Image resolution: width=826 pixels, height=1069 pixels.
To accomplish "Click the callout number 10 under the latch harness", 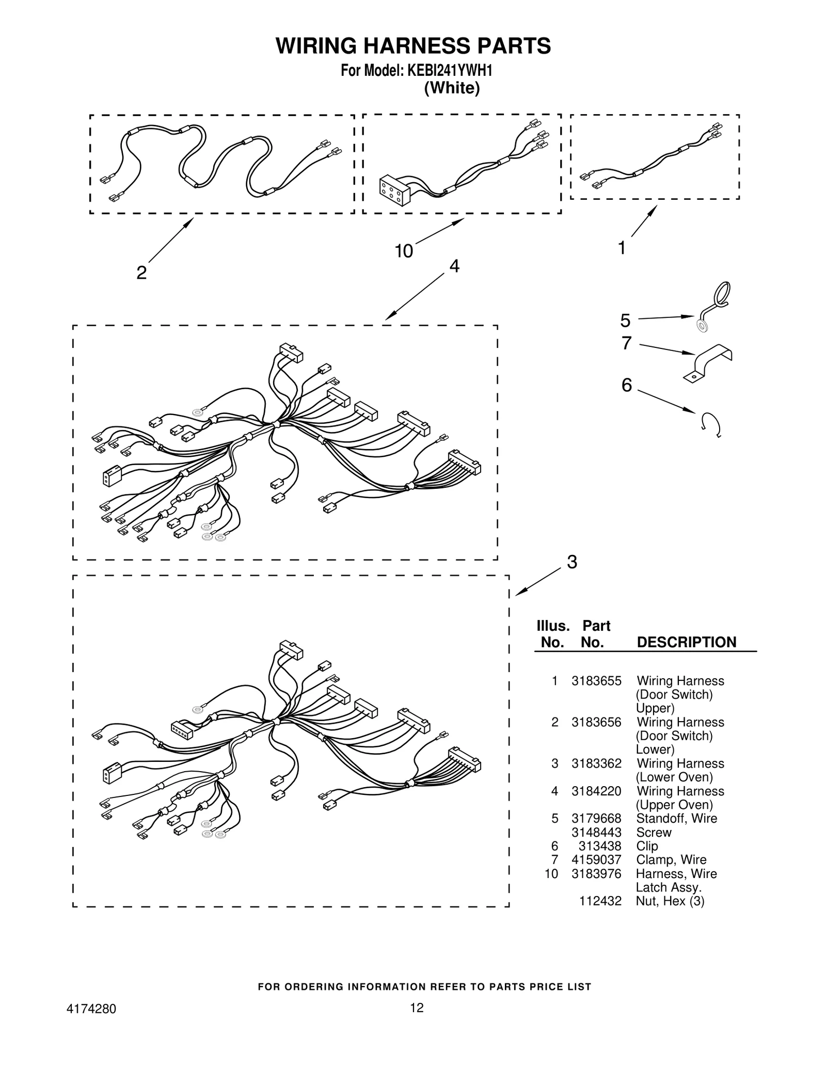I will (404, 251).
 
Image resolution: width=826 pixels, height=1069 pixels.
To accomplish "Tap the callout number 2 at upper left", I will (141, 273).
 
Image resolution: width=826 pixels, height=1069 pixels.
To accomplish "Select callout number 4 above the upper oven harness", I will (454, 266).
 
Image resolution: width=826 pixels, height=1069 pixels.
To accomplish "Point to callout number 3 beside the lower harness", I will (571, 562).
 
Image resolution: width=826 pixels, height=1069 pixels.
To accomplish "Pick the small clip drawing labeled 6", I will (711, 424).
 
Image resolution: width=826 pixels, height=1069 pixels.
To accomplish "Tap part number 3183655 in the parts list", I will (596, 681).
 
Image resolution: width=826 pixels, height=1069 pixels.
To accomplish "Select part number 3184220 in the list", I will (596, 791).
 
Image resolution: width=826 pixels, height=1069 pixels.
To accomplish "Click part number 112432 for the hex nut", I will (600, 901).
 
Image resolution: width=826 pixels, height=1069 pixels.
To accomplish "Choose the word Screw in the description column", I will (654, 833).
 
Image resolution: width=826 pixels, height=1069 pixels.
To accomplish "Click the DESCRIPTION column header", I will (686, 643).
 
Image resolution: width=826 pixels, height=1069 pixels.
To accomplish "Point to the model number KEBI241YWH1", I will (450, 71).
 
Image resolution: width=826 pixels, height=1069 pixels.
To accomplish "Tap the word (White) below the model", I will (452, 88).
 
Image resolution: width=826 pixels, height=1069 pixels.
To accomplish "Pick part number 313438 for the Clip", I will (600, 846).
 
